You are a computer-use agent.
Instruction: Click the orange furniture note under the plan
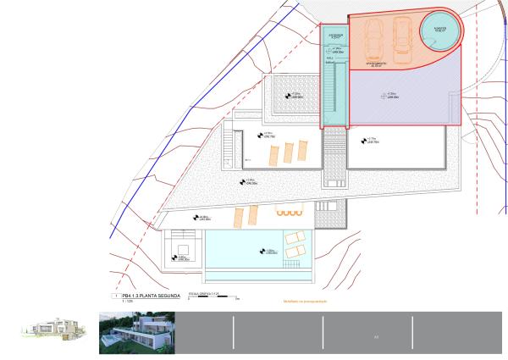[x=305, y=301]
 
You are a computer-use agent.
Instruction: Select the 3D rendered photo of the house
[x=135, y=332]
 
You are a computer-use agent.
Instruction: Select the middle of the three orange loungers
[x=288, y=152]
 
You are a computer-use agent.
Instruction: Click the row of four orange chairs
[x=289, y=212]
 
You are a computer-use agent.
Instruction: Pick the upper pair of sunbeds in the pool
[x=295, y=238]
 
